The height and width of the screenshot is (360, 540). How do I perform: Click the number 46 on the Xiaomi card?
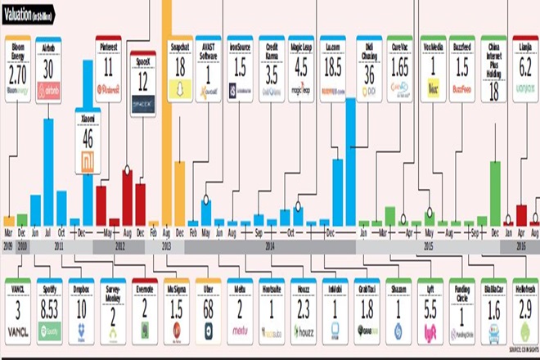pyautogui.click(x=88, y=137)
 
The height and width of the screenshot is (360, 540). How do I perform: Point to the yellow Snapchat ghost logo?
pyautogui.click(x=179, y=92)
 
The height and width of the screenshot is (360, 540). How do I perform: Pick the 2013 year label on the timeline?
pyautogui.click(x=166, y=245)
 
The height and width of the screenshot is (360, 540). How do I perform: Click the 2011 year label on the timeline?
pyautogui.click(x=59, y=245)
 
